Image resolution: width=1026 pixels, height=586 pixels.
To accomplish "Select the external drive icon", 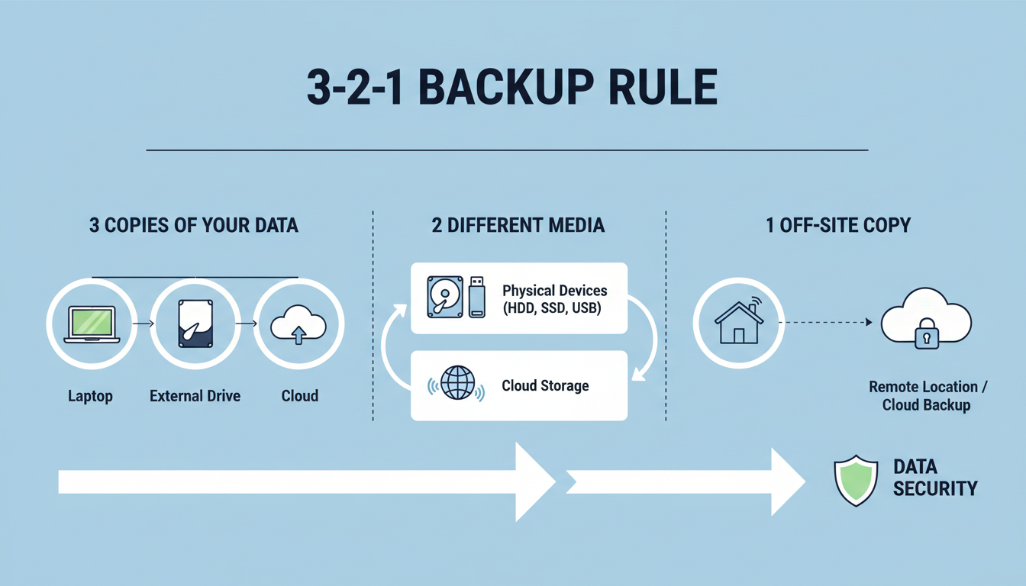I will (195, 324).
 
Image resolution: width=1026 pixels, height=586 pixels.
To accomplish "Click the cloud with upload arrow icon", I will (298, 326).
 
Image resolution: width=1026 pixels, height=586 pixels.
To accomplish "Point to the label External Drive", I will (195, 396).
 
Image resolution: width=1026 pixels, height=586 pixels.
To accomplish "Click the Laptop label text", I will (90, 396).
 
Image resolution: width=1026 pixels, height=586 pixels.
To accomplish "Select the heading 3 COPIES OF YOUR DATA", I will (193, 226).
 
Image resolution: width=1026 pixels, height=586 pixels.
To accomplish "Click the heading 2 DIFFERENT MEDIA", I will (518, 226).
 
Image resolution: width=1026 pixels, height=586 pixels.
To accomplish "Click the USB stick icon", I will (477, 297).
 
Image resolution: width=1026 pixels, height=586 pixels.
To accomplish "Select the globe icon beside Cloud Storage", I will (457, 385).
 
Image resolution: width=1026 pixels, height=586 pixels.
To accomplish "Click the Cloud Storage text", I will (545, 385).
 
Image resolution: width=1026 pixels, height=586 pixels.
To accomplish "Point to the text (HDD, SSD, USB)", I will (552, 308).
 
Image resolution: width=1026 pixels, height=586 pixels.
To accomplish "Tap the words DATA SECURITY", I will (934, 478).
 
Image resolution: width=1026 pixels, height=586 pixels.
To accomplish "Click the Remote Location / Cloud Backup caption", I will (927, 396).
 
